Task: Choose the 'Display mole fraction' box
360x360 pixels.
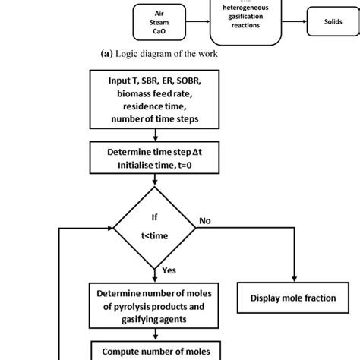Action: [292, 298]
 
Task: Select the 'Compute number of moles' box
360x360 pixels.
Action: [155, 351]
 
